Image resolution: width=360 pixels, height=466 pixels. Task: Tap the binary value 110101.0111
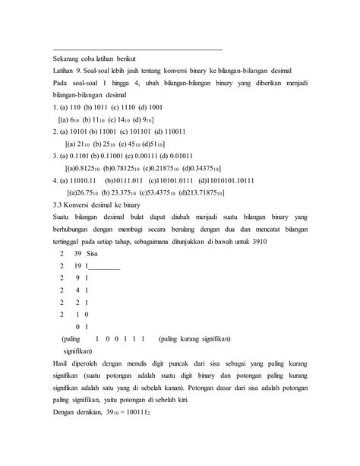169,180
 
